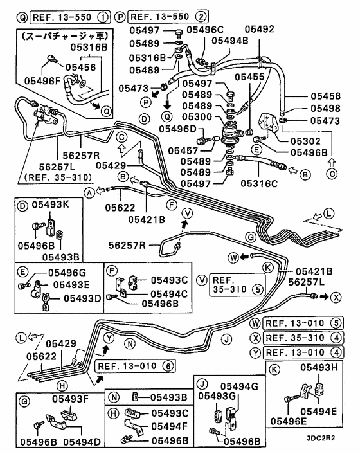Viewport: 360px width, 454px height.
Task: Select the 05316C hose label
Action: pos(258,183)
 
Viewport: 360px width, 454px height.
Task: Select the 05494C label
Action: pos(169,293)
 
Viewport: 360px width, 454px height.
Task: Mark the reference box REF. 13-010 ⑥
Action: pos(133,367)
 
